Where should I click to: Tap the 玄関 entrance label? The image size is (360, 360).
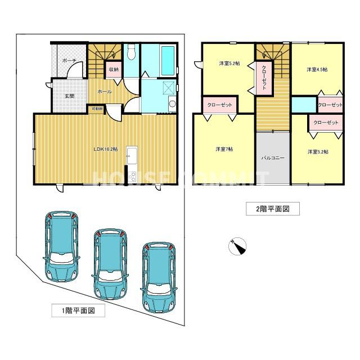[x=69, y=96]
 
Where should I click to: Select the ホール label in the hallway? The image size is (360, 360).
[x=104, y=91]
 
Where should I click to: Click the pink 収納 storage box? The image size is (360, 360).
[x=113, y=69]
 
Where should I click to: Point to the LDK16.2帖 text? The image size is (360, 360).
[x=105, y=148]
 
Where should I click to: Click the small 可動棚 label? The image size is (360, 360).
[x=94, y=109]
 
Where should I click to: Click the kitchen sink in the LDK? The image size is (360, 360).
[x=131, y=153]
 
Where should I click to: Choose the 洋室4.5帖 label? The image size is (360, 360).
[x=317, y=70]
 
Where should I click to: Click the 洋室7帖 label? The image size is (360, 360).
[x=223, y=149]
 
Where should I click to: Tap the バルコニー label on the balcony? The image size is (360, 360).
[x=273, y=159]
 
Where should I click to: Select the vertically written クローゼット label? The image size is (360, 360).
[x=264, y=79]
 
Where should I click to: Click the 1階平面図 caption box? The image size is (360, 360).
[x=74, y=310]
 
